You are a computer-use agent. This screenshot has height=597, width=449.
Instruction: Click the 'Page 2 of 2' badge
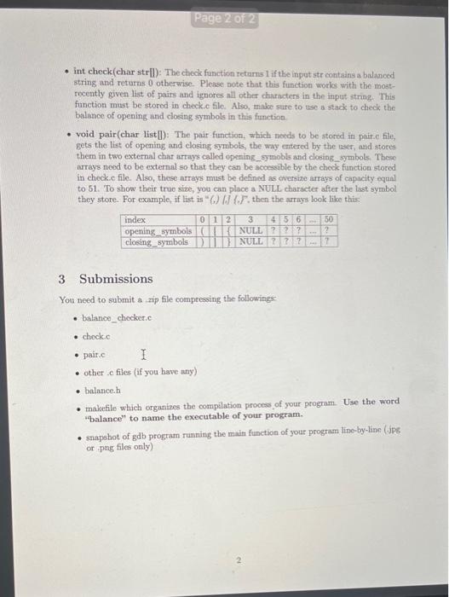[225, 18]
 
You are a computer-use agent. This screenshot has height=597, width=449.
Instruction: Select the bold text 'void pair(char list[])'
[119, 135]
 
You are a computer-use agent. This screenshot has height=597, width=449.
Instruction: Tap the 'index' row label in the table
[134, 219]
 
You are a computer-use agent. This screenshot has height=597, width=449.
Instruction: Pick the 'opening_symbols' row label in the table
[158, 230]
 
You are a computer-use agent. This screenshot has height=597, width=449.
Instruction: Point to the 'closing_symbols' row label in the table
[157, 241]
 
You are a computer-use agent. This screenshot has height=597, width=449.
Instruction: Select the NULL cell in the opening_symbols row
[250, 230]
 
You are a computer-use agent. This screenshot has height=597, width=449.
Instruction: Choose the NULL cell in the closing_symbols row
[250, 241]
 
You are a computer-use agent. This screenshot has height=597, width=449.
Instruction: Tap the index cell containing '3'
[250, 219]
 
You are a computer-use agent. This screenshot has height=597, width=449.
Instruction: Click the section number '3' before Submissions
[62, 279]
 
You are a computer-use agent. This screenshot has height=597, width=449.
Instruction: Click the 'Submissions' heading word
[116, 279]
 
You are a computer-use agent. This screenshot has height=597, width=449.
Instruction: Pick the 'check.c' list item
[95, 336]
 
